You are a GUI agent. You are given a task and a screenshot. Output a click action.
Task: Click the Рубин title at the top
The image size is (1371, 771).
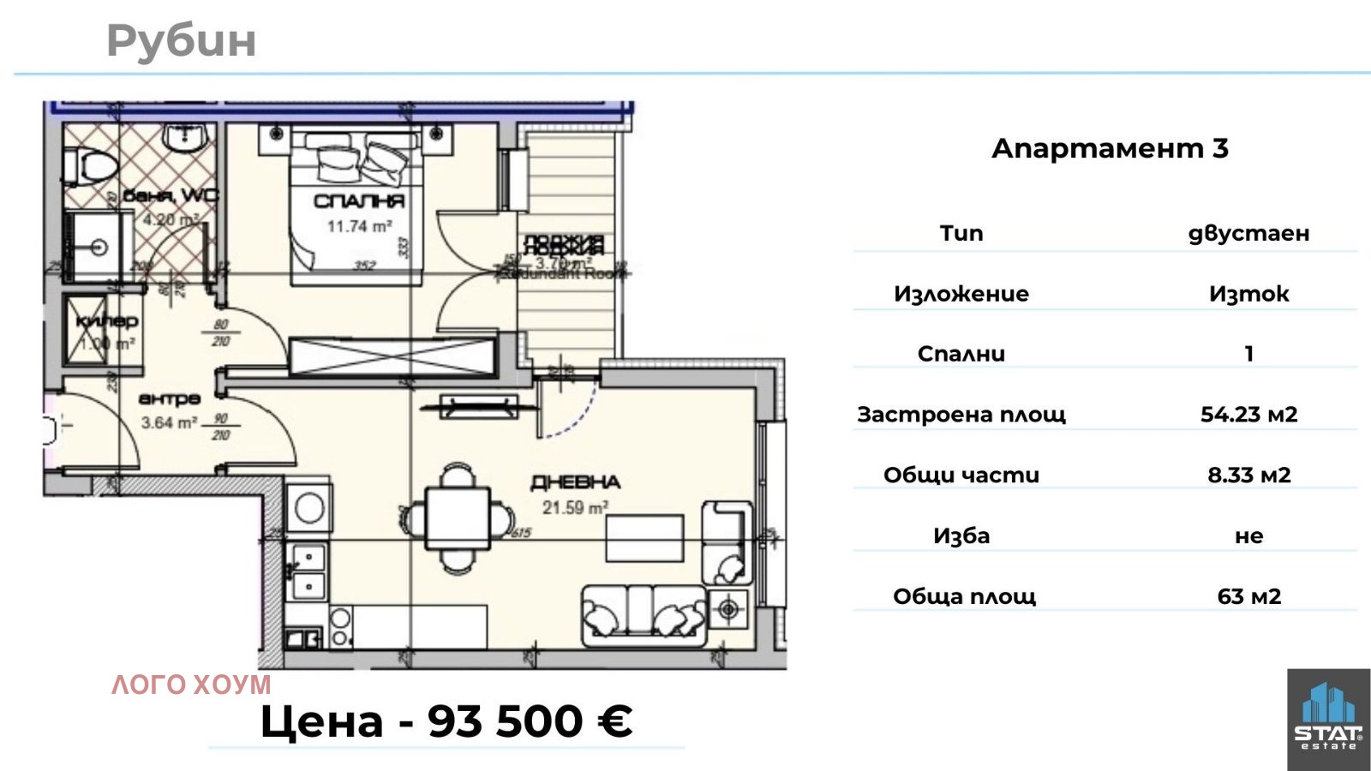click(x=181, y=40)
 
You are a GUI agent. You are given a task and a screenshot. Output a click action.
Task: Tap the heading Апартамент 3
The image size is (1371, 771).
click(x=1110, y=148)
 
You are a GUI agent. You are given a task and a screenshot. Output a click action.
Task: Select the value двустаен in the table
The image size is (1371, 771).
click(x=1248, y=233)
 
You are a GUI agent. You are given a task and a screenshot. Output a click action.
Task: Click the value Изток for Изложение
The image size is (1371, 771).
click(x=1248, y=294)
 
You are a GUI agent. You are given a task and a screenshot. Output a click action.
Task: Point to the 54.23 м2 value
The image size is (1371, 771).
click(x=1248, y=415)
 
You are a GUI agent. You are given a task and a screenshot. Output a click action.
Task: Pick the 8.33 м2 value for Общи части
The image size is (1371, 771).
click(x=1248, y=475)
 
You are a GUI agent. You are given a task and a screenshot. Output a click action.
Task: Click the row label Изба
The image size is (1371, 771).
click(x=961, y=536)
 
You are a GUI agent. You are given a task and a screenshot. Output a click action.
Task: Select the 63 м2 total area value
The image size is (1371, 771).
click(x=1248, y=596)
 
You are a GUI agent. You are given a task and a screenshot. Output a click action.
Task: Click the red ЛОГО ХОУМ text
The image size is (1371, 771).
click(x=191, y=684)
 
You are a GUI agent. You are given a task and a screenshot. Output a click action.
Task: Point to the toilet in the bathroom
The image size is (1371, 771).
click(x=89, y=164)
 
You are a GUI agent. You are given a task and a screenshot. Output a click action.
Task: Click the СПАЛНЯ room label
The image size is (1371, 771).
click(x=358, y=201)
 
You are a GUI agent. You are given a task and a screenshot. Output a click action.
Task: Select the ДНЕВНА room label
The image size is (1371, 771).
click(x=575, y=482)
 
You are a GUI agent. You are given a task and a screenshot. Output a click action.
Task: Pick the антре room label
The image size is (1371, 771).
click(x=170, y=398)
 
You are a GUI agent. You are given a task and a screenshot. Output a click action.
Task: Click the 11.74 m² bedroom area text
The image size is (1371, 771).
click(x=359, y=226)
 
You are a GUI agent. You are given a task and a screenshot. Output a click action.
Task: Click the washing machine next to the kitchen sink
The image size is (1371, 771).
click(x=308, y=508)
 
